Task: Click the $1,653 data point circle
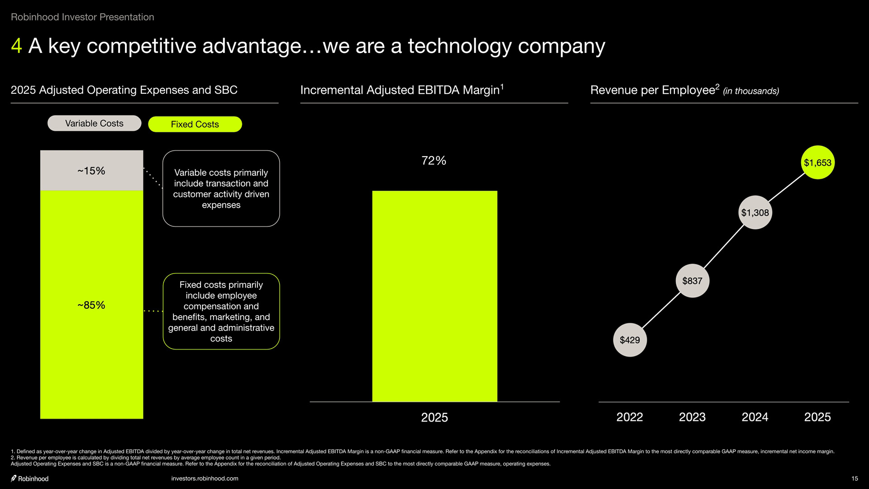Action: (x=817, y=163)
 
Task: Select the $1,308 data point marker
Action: (x=755, y=212)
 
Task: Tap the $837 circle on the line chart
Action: (x=692, y=281)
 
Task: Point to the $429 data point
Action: (x=630, y=340)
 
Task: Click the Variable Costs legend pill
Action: (x=94, y=123)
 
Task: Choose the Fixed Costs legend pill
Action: (x=195, y=124)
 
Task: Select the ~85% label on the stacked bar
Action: (x=91, y=305)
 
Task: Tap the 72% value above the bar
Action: (x=434, y=161)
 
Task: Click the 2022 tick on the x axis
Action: (x=630, y=417)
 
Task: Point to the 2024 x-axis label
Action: (x=755, y=417)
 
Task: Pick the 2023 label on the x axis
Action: (x=692, y=417)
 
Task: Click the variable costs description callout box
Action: (x=221, y=188)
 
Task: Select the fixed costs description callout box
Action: (x=221, y=312)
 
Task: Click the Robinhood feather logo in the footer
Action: (x=14, y=479)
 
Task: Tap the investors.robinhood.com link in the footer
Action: (x=205, y=479)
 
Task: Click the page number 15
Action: (x=855, y=479)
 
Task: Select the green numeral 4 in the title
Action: (x=16, y=46)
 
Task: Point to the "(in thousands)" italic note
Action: (x=751, y=91)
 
